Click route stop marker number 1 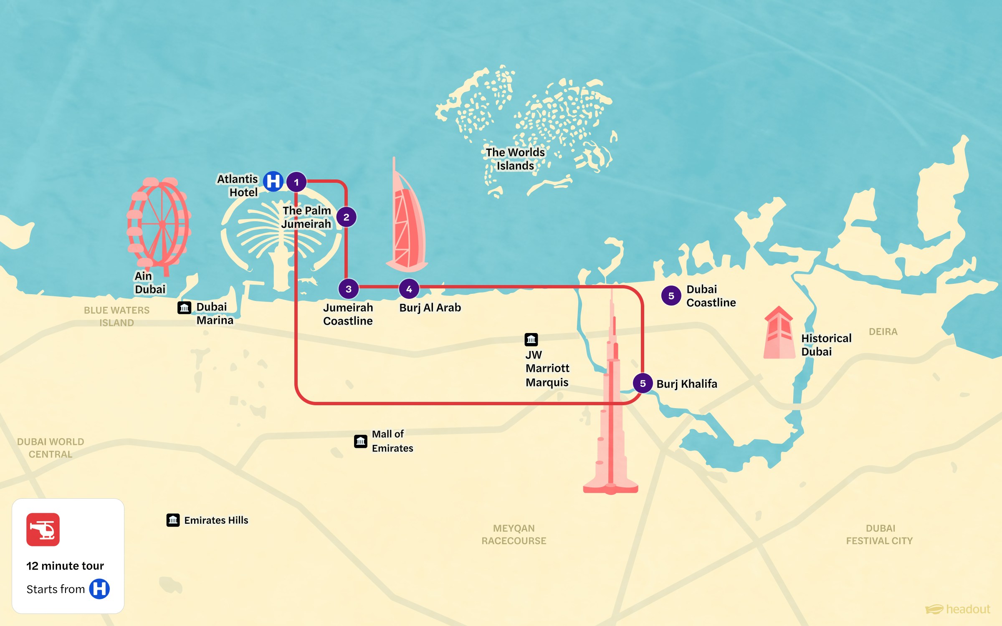coord(296,182)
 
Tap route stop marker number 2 coord(346,217)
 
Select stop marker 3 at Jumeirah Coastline coord(348,289)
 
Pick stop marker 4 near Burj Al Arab coord(409,289)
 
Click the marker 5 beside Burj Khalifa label coord(643,383)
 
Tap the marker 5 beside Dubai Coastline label coord(671,295)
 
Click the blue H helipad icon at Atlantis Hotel coord(273,181)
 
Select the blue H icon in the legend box coord(99,589)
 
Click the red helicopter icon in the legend coord(43,530)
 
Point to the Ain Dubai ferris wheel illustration coord(159,223)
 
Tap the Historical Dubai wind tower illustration coord(779,334)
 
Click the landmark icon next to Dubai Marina coord(184,308)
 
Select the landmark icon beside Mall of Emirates coord(361,441)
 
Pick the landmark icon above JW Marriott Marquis coord(531,339)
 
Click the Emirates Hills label coord(216,520)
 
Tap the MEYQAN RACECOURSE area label coord(514,534)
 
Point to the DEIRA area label coord(883,332)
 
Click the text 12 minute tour coord(65,565)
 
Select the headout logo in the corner coord(958,609)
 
